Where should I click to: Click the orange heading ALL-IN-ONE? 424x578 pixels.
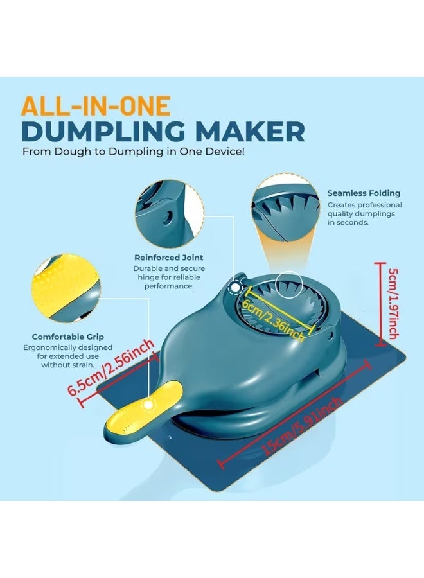point(96,106)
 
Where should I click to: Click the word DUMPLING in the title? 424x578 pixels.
point(103,131)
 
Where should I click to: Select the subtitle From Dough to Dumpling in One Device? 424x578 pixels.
point(134,152)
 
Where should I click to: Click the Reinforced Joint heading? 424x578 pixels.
point(168,258)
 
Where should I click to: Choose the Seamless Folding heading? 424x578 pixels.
point(364,193)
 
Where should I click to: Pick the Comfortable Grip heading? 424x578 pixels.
point(68,337)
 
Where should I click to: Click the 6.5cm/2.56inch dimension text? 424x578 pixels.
point(110,367)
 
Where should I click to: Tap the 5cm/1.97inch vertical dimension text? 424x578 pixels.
point(393,304)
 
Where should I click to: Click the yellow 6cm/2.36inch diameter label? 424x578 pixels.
point(273,319)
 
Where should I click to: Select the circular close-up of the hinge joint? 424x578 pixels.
point(169,214)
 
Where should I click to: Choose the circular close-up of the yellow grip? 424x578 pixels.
point(66,288)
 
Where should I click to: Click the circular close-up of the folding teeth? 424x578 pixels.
point(286,208)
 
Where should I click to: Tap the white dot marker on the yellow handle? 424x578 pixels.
point(148,405)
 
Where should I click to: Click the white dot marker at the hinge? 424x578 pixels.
point(234,287)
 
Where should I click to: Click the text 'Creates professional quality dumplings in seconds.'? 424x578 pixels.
point(365,213)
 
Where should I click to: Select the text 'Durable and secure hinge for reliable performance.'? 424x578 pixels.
point(169,277)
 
